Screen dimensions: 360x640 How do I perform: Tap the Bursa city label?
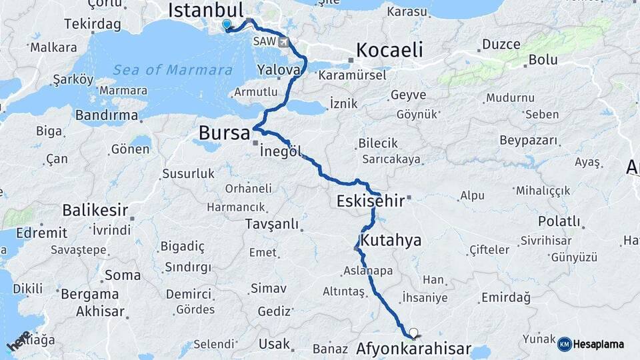tap(224, 133)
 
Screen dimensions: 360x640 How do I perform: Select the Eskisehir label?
tap(371, 201)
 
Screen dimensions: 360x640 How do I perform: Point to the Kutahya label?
tap(391, 240)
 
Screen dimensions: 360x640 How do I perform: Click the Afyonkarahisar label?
tap(413, 349)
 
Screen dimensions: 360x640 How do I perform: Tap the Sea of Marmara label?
tap(172, 70)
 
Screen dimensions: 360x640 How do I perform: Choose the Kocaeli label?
tap(389, 50)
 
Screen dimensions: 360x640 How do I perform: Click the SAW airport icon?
tap(285, 42)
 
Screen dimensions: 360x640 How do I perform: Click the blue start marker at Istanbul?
tap(227, 25)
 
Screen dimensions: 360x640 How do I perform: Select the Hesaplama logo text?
tap(598, 344)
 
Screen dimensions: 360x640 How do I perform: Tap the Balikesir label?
tap(95, 210)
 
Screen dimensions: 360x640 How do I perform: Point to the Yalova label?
tap(279, 70)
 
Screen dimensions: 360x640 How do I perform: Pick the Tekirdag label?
tap(93, 24)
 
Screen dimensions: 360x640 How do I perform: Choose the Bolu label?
tap(543, 59)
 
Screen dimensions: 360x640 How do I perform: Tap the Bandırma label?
tap(107, 115)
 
